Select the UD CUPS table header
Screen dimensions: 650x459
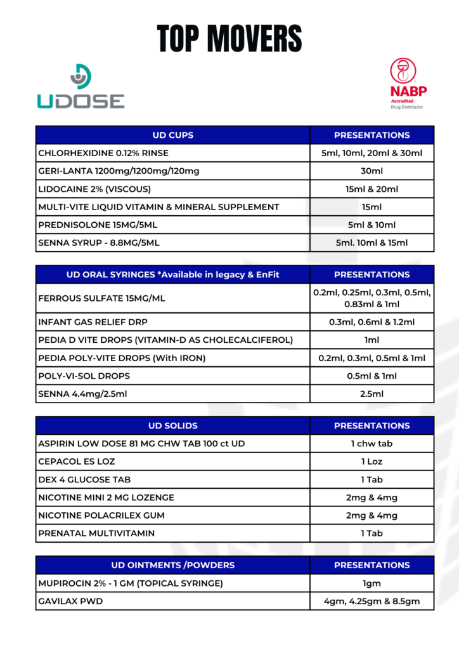(172, 135)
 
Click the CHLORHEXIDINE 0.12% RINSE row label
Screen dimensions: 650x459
(103, 153)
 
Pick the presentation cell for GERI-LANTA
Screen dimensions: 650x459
(372, 171)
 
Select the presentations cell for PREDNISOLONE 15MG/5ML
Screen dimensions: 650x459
(372, 225)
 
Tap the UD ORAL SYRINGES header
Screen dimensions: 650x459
(172, 274)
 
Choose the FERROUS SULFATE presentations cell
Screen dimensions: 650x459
(372, 298)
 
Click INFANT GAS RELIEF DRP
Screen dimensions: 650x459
(94, 322)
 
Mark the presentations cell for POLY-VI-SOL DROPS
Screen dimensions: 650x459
(372, 376)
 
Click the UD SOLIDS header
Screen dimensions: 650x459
(172, 425)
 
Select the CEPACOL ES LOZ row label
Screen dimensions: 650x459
(77, 461)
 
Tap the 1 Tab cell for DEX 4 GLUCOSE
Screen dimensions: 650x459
(372, 479)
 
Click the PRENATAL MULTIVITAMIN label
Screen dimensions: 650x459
(96, 533)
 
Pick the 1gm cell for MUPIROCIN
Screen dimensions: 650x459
(372, 583)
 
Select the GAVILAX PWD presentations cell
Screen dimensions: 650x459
(372, 601)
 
